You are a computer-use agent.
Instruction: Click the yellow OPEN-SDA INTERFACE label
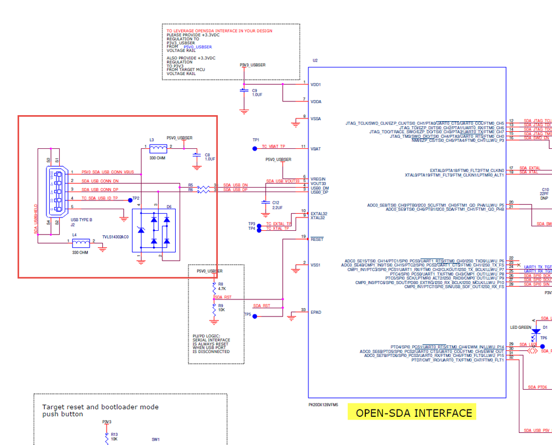coord(414,413)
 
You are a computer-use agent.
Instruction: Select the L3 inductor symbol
coord(159,148)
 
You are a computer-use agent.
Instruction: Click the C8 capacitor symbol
coord(196,158)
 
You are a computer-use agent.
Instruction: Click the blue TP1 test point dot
coord(255,148)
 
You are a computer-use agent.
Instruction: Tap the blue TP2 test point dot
coord(130,200)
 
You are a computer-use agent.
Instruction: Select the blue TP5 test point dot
coord(255,316)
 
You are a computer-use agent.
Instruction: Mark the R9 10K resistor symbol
coord(214,308)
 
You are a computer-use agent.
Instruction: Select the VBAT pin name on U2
coord(316,149)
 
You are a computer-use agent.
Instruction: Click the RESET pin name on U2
coord(317,240)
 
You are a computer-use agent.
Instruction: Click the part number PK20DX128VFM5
coord(323,405)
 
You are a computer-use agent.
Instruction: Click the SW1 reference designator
coord(156,440)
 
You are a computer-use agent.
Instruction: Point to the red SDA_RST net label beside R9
coord(261,306)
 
